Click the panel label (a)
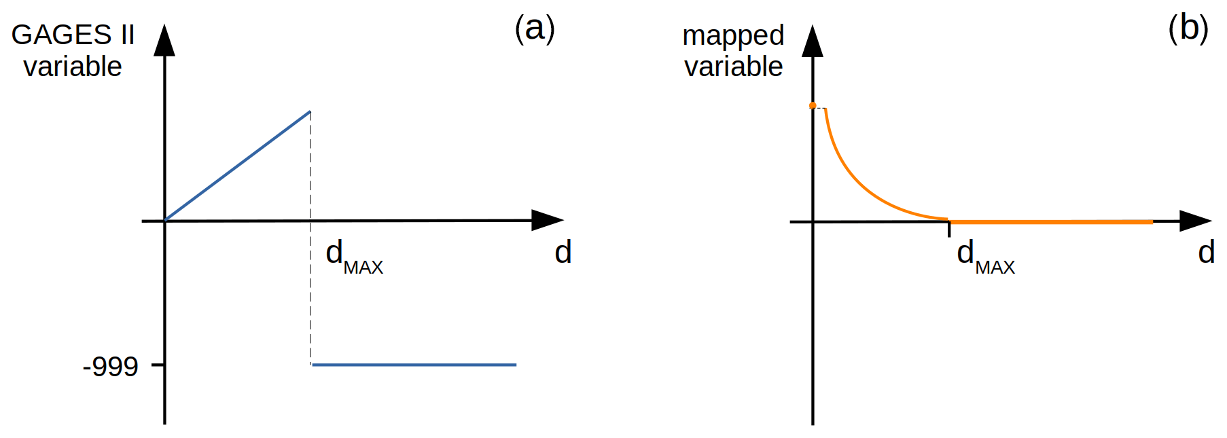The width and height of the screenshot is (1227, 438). click(x=535, y=29)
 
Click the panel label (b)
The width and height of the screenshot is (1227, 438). click(x=1188, y=29)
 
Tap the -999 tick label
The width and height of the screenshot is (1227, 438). click(x=110, y=367)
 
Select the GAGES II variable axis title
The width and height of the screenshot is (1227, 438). click(x=73, y=50)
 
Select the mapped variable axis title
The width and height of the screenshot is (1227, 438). click(x=733, y=50)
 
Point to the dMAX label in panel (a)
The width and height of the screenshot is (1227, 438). click(x=353, y=257)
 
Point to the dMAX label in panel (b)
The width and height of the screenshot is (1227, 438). click(x=985, y=257)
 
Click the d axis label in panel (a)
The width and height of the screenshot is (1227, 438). click(x=563, y=253)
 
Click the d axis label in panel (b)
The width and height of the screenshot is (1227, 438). click(x=1206, y=253)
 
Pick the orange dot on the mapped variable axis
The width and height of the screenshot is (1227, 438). click(x=813, y=105)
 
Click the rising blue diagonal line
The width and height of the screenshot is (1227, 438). click(x=238, y=166)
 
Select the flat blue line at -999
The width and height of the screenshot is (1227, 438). click(x=414, y=365)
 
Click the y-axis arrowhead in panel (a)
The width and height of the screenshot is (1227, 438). click(x=164, y=41)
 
